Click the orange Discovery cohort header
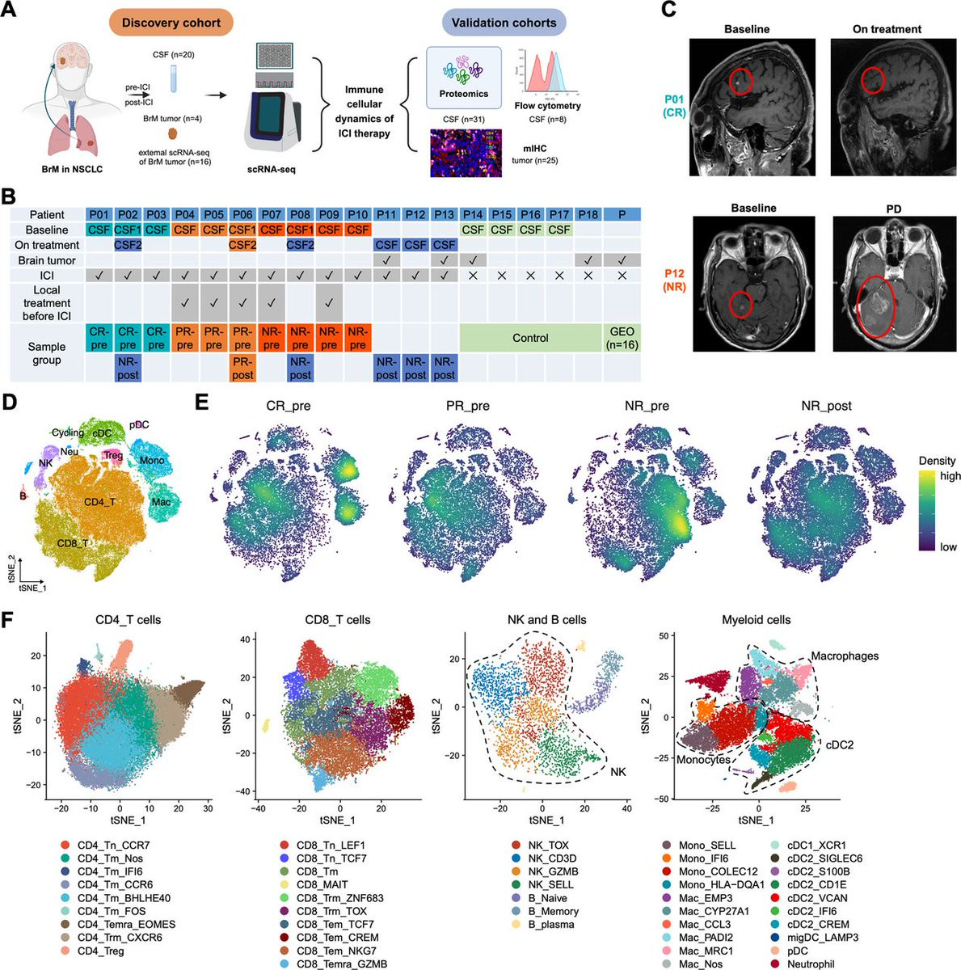(x=171, y=23)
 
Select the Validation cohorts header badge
(x=504, y=23)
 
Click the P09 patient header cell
(x=329, y=214)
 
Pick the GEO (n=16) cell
(x=622, y=338)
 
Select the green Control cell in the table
(x=530, y=338)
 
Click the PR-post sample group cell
(x=242, y=368)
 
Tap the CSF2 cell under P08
(x=300, y=245)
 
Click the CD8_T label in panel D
(x=73, y=543)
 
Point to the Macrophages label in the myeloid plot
(x=844, y=656)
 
